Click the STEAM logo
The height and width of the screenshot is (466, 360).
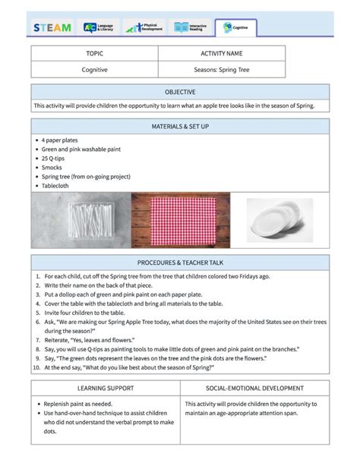[x=52, y=28]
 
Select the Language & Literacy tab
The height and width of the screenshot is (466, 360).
[x=101, y=28]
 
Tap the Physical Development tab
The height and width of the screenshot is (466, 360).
[x=144, y=28]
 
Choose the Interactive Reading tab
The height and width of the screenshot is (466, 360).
[x=191, y=28]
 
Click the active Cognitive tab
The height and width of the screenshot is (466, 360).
[x=236, y=28]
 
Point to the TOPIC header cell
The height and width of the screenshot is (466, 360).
[x=94, y=54]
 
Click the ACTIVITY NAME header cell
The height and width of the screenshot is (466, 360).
[x=221, y=54]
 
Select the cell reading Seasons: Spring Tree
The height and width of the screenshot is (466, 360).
[x=221, y=69]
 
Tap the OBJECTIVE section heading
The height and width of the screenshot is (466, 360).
[x=180, y=92]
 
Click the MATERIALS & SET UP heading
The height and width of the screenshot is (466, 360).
[x=180, y=126]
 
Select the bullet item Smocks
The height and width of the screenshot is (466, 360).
[x=52, y=167]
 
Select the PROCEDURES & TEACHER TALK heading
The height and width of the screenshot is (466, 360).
[x=180, y=262]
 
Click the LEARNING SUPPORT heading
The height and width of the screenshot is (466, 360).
[x=106, y=388]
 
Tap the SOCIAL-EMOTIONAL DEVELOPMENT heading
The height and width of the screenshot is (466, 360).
[x=254, y=388]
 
